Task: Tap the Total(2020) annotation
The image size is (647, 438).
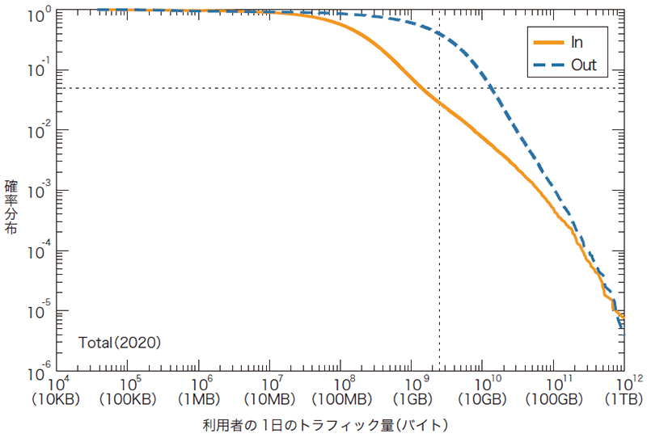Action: [120, 343]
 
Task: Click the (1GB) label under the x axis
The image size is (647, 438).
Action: [412, 398]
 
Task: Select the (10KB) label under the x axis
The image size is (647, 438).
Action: [58, 398]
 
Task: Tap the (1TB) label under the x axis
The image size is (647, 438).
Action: [623, 398]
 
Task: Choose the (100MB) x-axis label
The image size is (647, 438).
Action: [341, 398]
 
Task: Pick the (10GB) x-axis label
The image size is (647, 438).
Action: [484, 398]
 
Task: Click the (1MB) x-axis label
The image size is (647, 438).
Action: [200, 398]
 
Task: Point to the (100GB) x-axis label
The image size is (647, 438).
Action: [553, 398]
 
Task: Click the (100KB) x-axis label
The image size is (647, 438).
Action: [129, 398]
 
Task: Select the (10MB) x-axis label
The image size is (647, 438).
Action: [271, 398]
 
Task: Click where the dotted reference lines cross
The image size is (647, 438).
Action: [439, 88]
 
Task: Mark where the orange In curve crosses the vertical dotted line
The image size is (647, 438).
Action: [439, 103]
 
